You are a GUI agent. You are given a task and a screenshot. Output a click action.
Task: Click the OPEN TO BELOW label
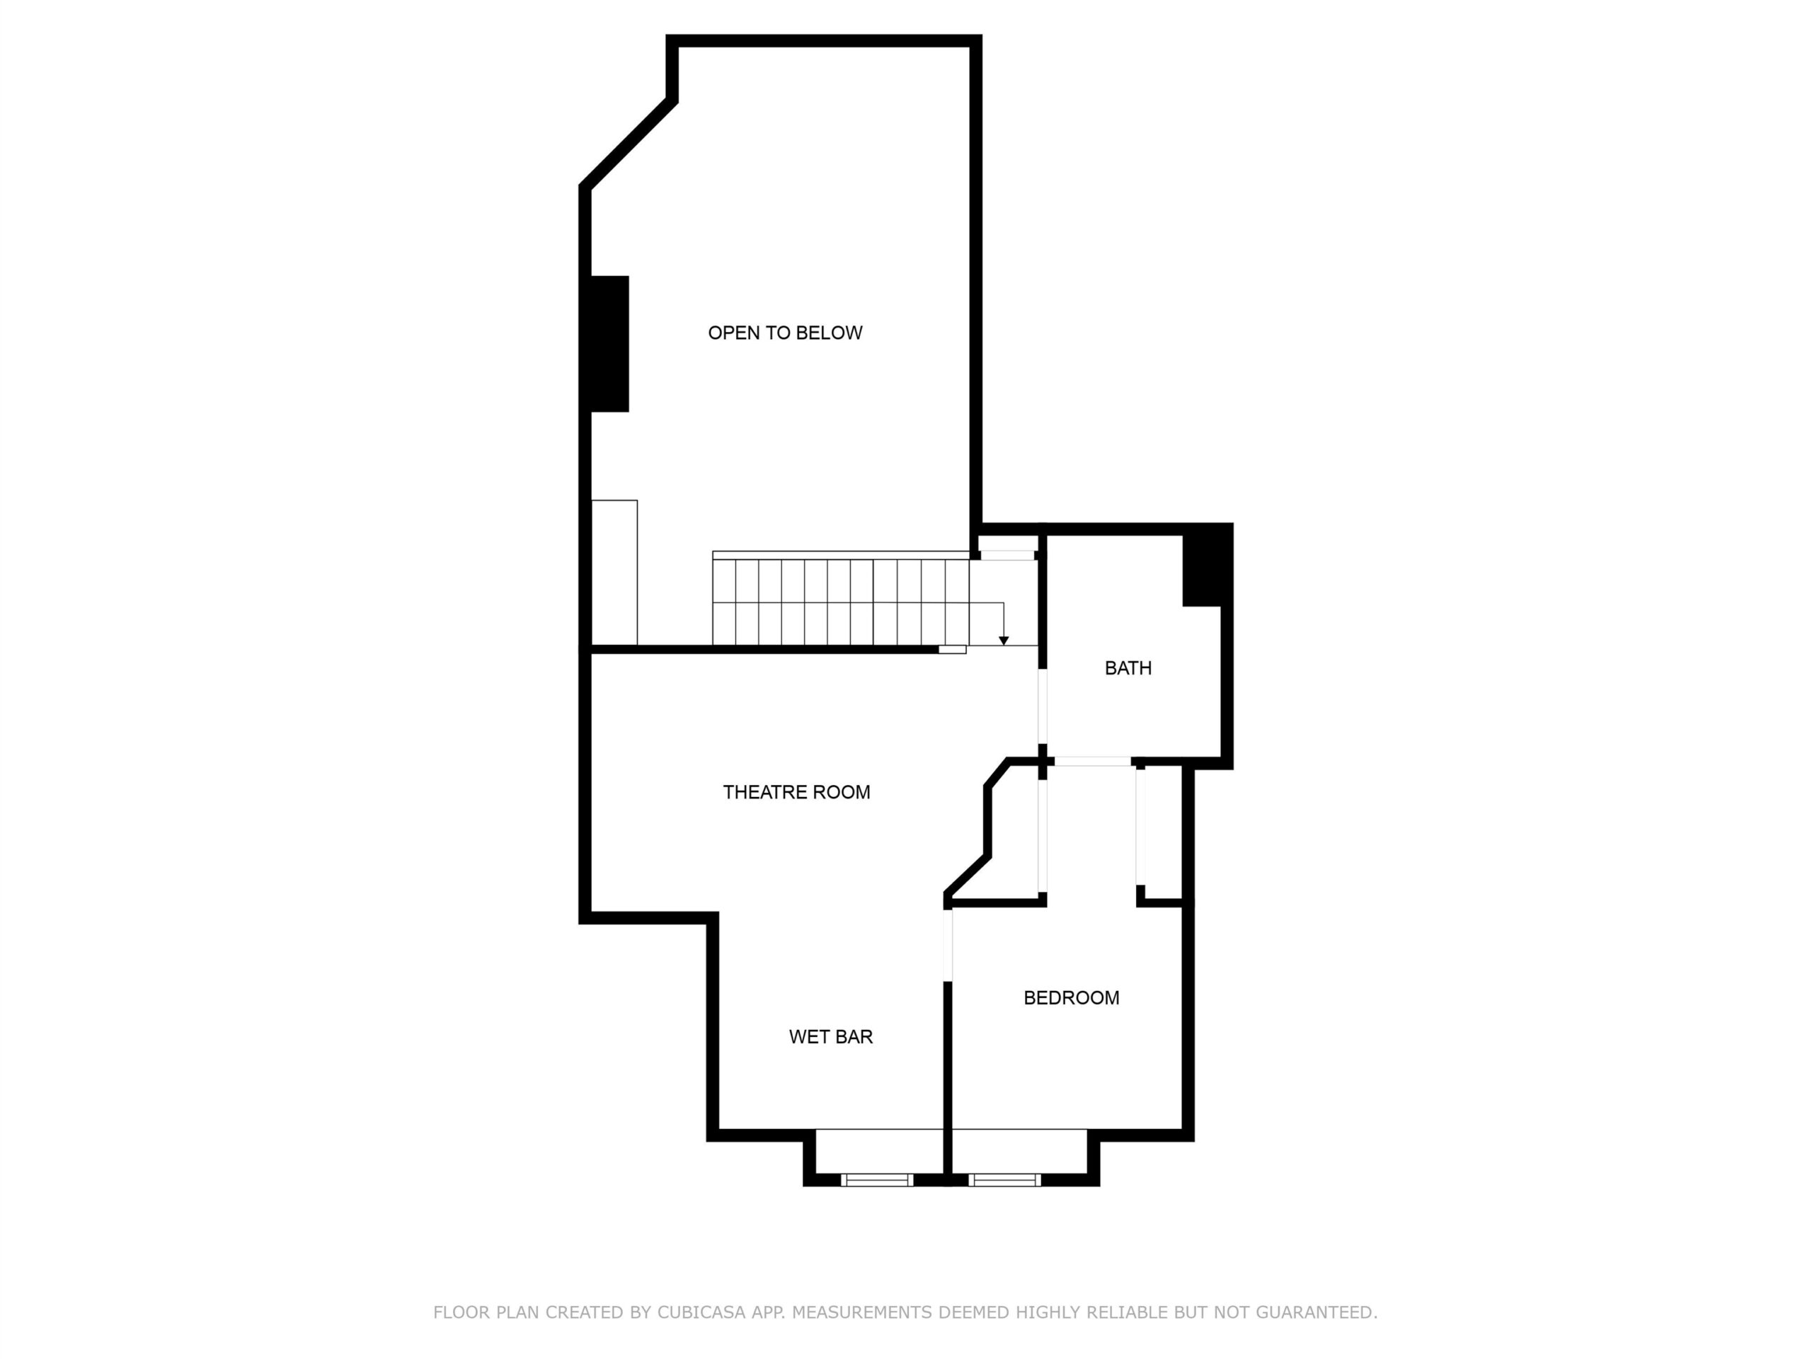(x=785, y=333)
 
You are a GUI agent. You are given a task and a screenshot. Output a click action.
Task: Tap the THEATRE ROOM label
(x=796, y=792)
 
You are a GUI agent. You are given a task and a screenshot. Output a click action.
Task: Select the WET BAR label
(x=831, y=1036)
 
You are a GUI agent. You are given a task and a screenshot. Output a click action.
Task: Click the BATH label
(x=1128, y=667)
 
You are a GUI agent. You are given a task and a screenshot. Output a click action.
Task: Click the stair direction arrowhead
(x=1004, y=641)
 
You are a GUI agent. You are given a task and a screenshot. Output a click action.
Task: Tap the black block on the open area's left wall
(x=609, y=343)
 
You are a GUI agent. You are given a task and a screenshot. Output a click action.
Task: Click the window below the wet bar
(x=876, y=1180)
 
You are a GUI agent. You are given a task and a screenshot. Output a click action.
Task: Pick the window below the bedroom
(x=1004, y=1180)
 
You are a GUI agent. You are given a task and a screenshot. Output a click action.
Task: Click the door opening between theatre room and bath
(x=1043, y=706)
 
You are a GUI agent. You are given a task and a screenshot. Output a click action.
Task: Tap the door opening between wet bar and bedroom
(x=948, y=944)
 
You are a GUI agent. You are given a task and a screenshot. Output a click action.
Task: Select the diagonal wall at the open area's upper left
(x=629, y=144)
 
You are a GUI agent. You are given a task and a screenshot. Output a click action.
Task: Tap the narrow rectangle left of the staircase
(x=614, y=573)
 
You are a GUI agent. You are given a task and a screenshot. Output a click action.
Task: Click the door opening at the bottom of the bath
(x=1092, y=762)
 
